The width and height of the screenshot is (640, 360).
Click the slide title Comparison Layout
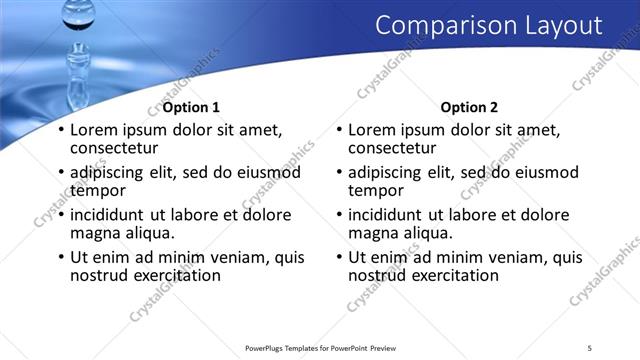488,26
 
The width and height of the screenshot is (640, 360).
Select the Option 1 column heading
191,108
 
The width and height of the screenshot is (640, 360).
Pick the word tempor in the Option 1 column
98,190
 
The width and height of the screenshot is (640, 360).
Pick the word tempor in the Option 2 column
376,190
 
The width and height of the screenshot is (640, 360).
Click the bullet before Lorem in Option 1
61,130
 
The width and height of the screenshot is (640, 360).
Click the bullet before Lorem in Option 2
339,130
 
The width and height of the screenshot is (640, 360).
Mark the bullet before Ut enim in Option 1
61,258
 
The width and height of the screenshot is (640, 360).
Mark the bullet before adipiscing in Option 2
339,173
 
